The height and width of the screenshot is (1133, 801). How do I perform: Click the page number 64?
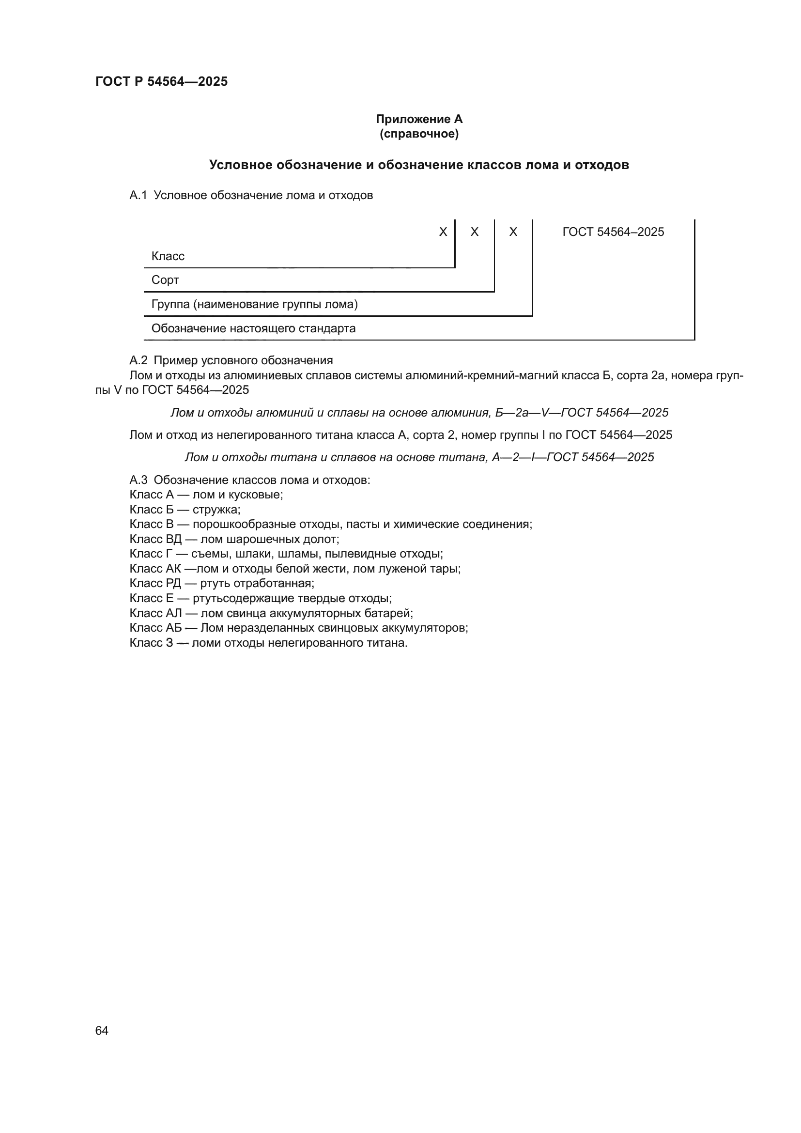[x=102, y=1030]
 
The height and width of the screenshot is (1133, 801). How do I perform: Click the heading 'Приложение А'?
[x=419, y=119]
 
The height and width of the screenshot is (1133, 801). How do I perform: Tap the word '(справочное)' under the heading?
[x=419, y=134]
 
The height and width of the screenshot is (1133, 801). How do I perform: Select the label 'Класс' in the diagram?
[x=168, y=256]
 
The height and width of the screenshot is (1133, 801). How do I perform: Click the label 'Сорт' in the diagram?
[x=165, y=280]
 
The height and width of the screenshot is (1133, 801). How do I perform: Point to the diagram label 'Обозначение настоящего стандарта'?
[x=253, y=328]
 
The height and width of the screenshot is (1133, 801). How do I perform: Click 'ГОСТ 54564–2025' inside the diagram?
[x=613, y=232]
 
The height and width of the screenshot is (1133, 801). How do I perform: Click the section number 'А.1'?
[x=138, y=195]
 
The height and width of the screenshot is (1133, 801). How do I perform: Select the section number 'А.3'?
[x=138, y=480]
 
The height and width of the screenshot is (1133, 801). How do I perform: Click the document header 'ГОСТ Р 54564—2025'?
[x=161, y=81]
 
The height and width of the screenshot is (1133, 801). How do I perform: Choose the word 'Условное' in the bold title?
[x=241, y=165]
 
